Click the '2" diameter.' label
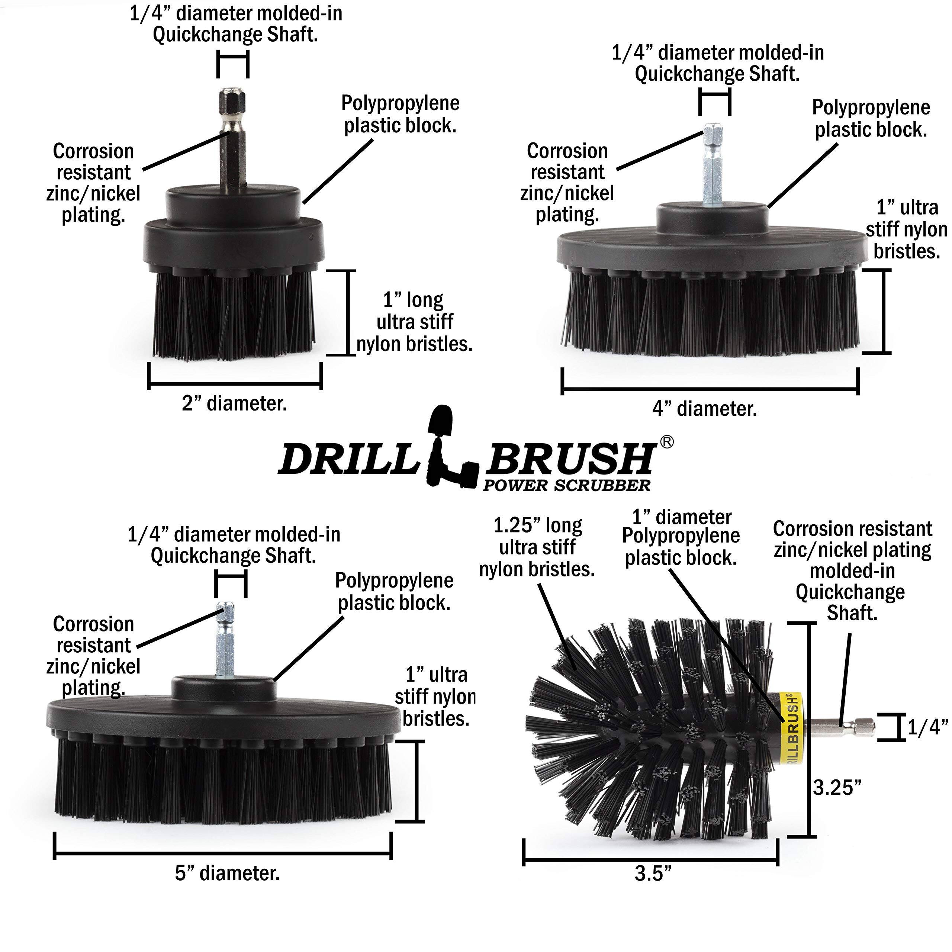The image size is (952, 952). [234, 403]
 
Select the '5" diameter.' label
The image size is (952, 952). [227, 873]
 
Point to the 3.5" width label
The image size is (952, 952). [653, 874]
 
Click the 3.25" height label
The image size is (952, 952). [837, 787]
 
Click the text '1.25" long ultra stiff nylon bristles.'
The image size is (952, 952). [537, 547]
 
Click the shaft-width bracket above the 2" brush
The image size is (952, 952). [232, 64]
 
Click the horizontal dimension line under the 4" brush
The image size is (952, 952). [710, 389]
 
